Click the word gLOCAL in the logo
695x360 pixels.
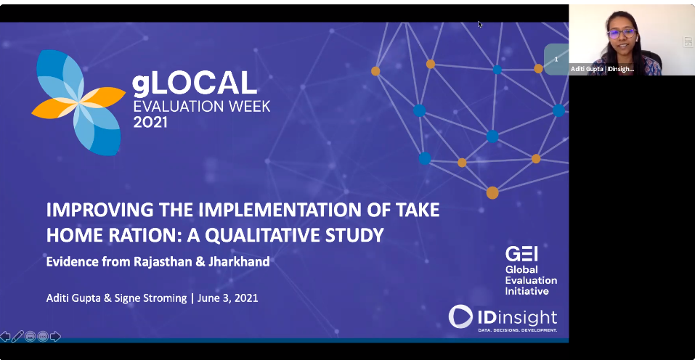[x=195, y=83]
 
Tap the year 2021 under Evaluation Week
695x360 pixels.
[x=150, y=122]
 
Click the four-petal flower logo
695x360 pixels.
[x=78, y=102]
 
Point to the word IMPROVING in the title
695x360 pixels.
[x=100, y=210]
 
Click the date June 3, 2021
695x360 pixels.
[x=228, y=298]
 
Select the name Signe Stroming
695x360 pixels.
[x=151, y=298]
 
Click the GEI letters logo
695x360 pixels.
[x=521, y=254]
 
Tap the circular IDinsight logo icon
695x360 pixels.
[x=460, y=316]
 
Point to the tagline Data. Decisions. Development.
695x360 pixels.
[x=517, y=330]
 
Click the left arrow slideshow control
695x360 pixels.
[x=5, y=337]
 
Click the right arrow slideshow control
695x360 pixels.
[x=55, y=337]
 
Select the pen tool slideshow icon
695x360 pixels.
[x=17, y=337]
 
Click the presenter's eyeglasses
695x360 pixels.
[x=622, y=33]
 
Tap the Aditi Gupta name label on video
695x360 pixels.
[x=602, y=69]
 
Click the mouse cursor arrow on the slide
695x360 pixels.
[x=480, y=25]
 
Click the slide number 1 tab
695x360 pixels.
[x=556, y=60]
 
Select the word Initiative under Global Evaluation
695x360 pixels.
[x=527, y=291]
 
